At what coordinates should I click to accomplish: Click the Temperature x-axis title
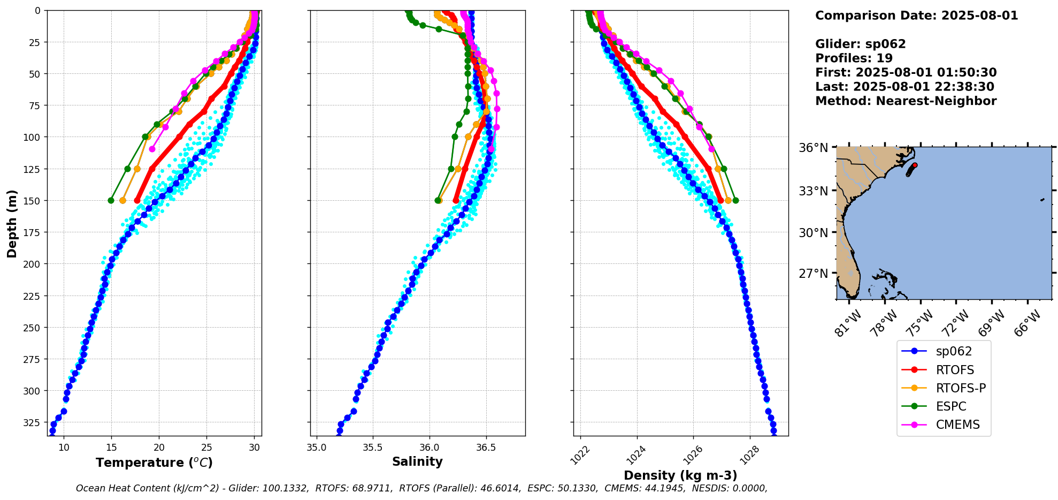154,463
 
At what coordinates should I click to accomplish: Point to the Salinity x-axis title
417,461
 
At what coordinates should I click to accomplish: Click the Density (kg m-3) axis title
680,475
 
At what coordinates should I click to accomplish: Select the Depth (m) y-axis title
12,223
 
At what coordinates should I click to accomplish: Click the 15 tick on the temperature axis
111,448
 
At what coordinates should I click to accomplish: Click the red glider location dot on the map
915,165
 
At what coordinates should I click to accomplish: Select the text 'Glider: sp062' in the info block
860,44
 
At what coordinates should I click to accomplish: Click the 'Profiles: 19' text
854,58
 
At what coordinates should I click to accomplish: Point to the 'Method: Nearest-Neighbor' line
906,101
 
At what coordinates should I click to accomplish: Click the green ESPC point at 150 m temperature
111,200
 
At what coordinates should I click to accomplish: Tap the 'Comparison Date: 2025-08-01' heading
916,16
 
